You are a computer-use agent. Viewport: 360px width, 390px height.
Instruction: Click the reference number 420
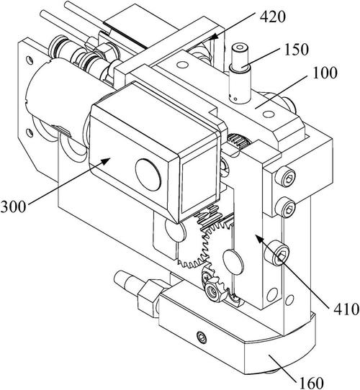(273, 17)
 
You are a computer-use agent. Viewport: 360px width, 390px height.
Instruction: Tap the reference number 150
(296, 49)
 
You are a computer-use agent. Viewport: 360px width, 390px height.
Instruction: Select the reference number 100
(325, 73)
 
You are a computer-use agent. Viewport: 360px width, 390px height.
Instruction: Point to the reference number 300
(13, 207)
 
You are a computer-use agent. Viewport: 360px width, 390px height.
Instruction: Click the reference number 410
(346, 309)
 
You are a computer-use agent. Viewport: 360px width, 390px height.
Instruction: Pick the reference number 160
(311, 383)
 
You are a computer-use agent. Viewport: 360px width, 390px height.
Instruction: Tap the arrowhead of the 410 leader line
(259, 240)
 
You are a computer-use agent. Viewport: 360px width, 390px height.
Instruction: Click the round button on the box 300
(148, 175)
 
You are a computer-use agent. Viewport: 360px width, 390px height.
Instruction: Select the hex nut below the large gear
(213, 290)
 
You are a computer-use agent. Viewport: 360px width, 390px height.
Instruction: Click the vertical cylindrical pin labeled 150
(240, 74)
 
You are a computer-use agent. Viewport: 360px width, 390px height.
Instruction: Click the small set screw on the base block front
(202, 337)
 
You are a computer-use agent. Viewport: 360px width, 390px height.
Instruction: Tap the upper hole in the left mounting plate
(30, 60)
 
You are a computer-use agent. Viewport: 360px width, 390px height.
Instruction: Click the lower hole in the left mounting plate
(30, 133)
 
